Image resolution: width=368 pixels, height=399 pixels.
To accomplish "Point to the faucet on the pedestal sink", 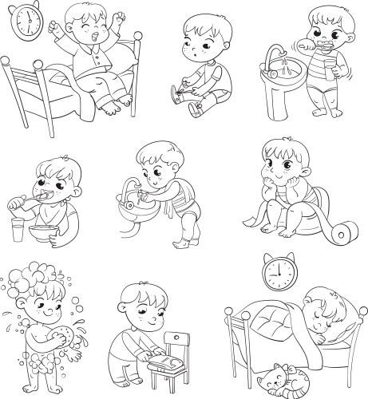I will point(278,54).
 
